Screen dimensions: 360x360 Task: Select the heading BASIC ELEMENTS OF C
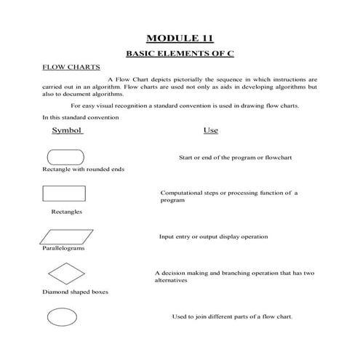coord(180,54)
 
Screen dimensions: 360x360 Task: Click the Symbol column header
coord(68,131)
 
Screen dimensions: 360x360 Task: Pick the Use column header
coord(211,131)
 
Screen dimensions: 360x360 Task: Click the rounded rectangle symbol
coord(65,156)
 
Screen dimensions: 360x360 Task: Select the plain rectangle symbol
coord(65,193)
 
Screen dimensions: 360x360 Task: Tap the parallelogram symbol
coord(66,236)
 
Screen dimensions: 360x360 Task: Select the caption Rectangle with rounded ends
coord(84,169)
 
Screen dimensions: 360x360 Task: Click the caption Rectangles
coord(66,212)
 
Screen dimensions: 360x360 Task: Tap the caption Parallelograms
coord(63,248)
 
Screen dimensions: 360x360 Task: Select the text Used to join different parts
coord(232,316)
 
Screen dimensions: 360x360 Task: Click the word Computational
coord(183,193)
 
